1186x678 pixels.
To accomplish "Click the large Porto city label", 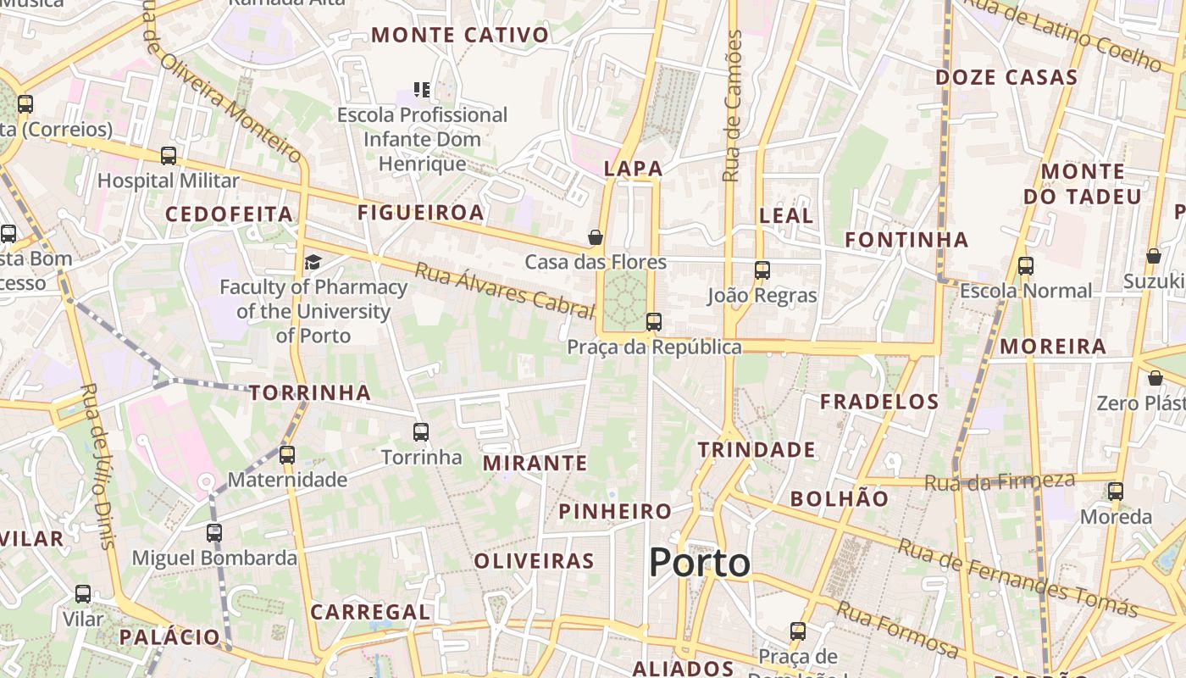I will click(x=700, y=564).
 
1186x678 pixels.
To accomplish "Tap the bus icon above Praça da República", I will click(x=653, y=322).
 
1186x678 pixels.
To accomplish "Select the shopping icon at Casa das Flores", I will click(x=596, y=237).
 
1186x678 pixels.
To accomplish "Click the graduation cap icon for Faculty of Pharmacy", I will click(x=313, y=262).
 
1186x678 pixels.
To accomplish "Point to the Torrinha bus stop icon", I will click(x=421, y=432).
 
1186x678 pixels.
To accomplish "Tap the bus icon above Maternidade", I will click(x=287, y=455).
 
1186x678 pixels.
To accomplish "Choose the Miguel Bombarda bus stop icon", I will click(x=214, y=533).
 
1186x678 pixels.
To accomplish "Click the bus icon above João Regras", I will click(x=762, y=270).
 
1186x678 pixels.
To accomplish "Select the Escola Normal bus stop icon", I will click(x=1026, y=266).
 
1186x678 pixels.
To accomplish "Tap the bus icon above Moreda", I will click(x=1116, y=492).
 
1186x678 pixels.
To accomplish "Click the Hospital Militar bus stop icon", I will click(x=169, y=156).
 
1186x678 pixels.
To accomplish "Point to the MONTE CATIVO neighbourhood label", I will click(x=460, y=36).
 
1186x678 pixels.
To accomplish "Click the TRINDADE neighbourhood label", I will click(x=756, y=450).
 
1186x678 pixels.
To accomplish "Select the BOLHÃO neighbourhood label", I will click(x=840, y=499).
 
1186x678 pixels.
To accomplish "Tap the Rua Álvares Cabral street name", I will click(x=505, y=291).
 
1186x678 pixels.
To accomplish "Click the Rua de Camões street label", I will click(x=733, y=106).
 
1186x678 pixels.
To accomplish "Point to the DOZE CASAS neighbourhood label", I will click(x=1006, y=78).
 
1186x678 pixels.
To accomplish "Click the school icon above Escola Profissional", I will click(x=422, y=89).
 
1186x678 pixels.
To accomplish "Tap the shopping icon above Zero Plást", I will click(x=1155, y=378).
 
